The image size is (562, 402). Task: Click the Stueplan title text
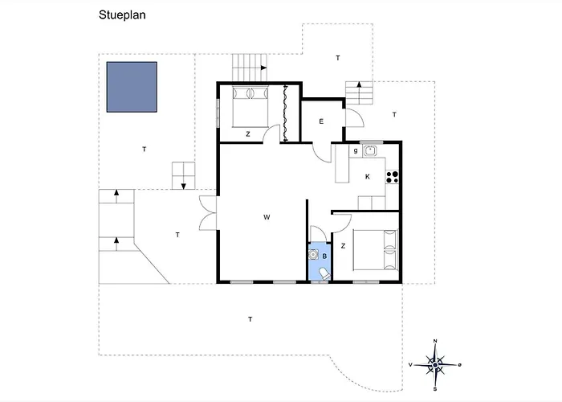click(x=122, y=15)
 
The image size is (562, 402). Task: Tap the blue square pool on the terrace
click(x=132, y=87)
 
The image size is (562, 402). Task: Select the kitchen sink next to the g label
click(x=369, y=151)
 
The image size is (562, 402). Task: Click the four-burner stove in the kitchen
click(x=392, y=177)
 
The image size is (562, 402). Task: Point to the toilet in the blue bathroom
click(x=324, y=273)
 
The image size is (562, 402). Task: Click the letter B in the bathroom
click(x=324, y=256)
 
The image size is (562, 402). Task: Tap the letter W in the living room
click(x=267, y=217)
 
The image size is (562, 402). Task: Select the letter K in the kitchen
click(x=368, y=177)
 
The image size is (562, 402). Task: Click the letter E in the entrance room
click(x=321, y=121)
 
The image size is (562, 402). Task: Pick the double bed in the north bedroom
click(x=250, y=107)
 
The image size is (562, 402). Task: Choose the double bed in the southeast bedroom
click(x=376, y=250)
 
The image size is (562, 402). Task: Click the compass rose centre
click(x=435, y=365)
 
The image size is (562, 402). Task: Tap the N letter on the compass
click(x=435, y=341)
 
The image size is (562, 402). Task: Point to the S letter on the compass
click(x=435, y=388)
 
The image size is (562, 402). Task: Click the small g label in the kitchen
click(x=356, y=151)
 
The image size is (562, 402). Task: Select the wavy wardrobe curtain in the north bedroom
click(x=285, y=113)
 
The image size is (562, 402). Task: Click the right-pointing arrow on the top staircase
click(x=263, y=68)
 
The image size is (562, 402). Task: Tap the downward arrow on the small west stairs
click(x=184, y=187)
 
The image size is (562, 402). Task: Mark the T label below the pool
click(x=144, y=150)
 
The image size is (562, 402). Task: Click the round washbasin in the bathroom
click(x=314, y=255)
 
